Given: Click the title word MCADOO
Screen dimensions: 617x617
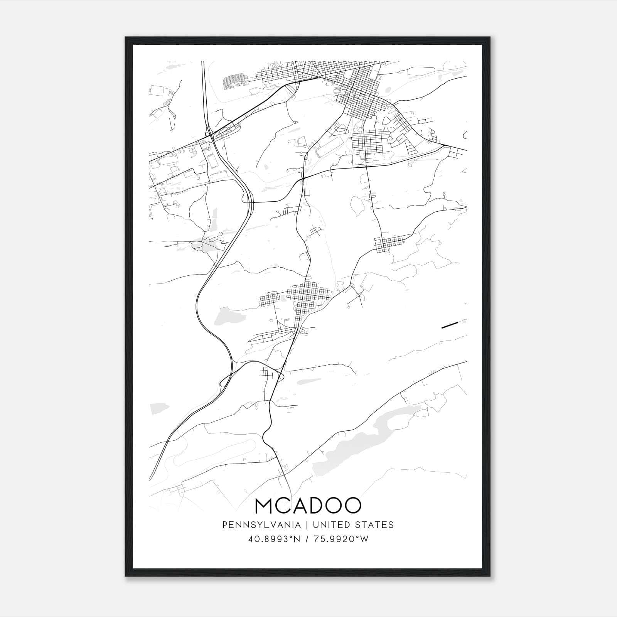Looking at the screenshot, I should click(x=308, y=506).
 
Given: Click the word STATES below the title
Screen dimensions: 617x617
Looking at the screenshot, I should click(x=375, y=525).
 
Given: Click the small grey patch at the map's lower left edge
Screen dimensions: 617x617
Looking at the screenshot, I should click(x=159, y=408).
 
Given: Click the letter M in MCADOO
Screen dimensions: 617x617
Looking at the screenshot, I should click(x=265, y=506).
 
